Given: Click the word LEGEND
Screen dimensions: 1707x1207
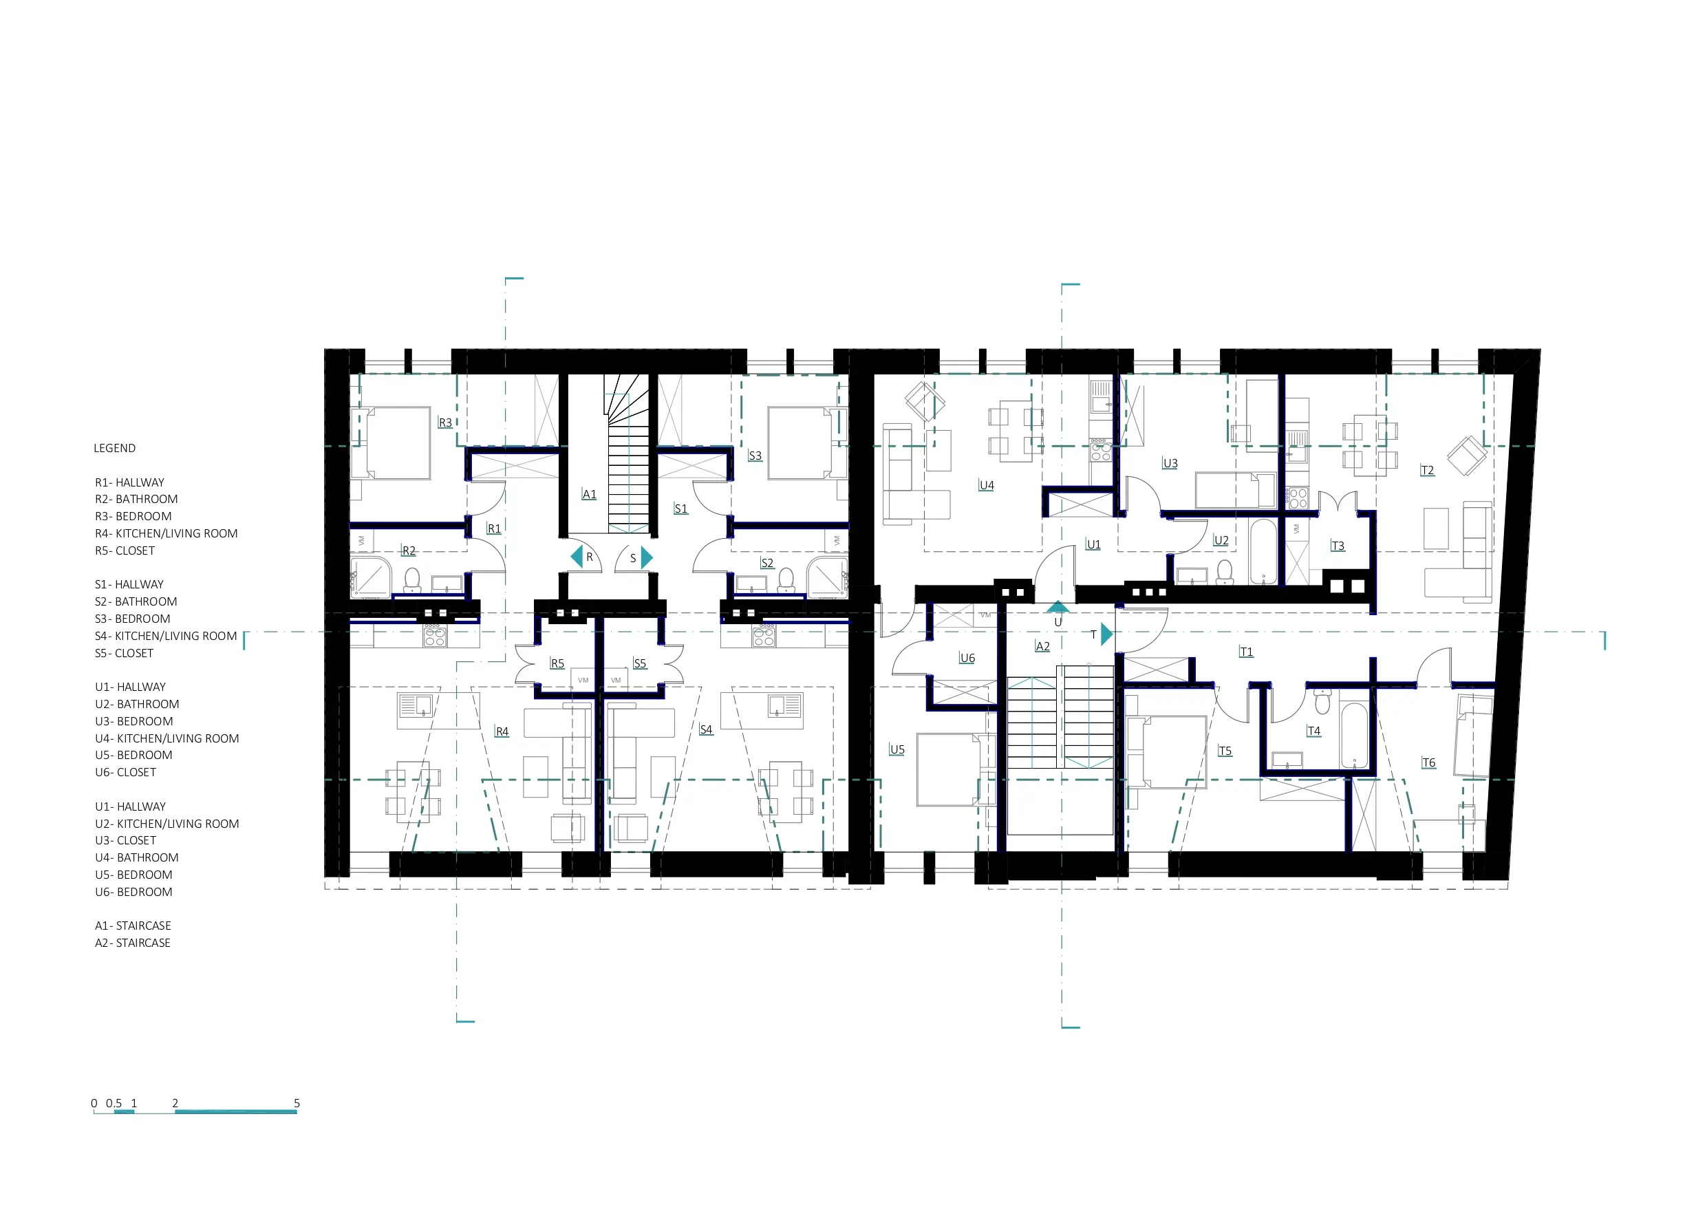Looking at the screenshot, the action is coord(114,449).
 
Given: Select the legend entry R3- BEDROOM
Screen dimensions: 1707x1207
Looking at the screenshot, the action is coord(133,516).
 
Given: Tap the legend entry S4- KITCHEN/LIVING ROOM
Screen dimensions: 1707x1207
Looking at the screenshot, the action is coord(166,636).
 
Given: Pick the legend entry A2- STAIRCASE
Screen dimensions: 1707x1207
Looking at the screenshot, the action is coord(133,943).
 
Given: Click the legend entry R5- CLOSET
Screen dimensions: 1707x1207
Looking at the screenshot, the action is coord(125,551).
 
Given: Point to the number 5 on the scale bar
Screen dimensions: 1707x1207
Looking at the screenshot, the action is coord(297,1103).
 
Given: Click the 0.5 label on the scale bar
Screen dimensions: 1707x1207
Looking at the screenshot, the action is coord(114,1103).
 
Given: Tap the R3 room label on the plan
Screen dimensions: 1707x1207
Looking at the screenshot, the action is coord(445,423).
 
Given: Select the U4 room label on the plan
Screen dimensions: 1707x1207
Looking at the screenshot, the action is coord(987,485).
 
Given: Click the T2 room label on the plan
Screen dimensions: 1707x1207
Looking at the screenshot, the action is coord(1428,470).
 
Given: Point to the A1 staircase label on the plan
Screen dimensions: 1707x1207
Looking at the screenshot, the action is coord(589,494).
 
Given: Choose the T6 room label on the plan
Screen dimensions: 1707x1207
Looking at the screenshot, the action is coord(1428,762).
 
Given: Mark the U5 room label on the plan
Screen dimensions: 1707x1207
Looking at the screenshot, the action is coord(897,749).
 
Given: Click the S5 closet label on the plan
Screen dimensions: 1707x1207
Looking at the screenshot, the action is coord(639,663).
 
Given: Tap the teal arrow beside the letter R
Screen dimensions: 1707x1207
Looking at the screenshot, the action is coord(577,556).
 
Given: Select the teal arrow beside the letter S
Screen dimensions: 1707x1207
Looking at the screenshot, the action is coord(647,557).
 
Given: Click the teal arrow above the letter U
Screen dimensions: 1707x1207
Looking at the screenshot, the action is coord(1058,606).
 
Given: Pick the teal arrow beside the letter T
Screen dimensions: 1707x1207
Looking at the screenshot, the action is coord(1107,634).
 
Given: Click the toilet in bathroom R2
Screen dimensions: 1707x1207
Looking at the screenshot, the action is coord(413,580).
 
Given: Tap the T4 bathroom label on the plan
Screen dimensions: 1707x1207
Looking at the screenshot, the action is coord(1313,731).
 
